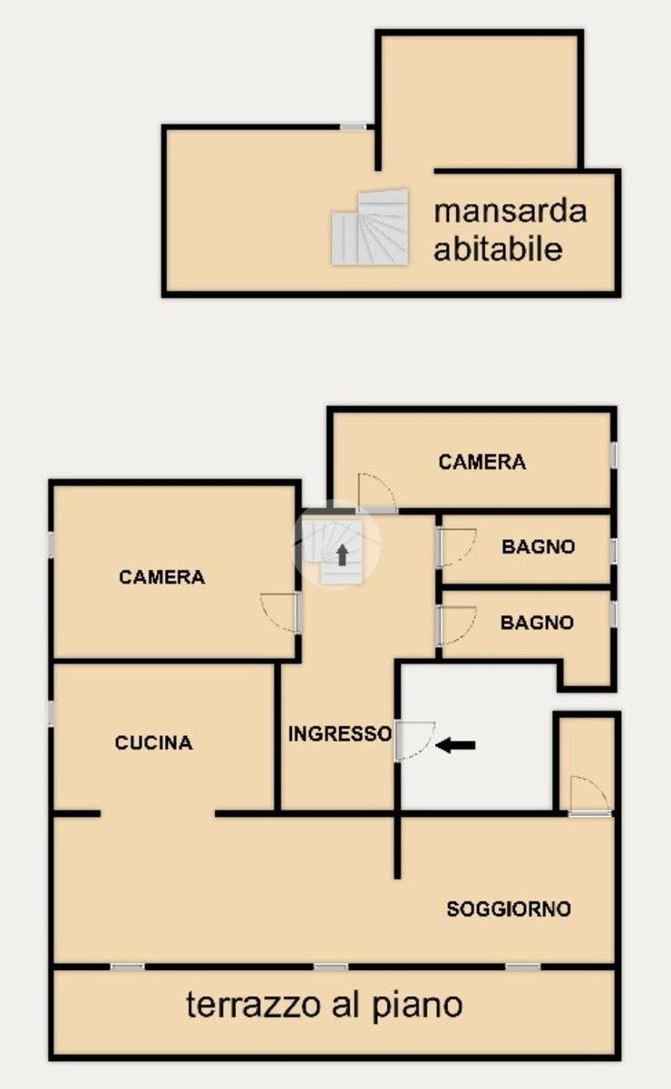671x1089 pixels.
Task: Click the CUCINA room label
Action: click(153, 743)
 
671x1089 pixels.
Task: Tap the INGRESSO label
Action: click(340, 733)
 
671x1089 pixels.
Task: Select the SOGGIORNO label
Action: click(509, 909)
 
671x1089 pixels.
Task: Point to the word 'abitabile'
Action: click(498, 249)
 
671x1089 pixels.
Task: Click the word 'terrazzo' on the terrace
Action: click(255, 1005)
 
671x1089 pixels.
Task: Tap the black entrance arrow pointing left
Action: click(455, 745)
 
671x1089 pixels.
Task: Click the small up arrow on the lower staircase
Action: click(343, 554)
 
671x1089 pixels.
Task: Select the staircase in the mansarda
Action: click(370, 227)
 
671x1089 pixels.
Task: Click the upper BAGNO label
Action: click(539, 547)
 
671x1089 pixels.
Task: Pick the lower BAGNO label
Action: click(538, 623)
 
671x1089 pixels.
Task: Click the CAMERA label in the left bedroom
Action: click(161, 577)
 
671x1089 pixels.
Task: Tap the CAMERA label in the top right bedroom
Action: click(482, 462)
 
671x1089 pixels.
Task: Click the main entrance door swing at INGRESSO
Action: click(414, 741)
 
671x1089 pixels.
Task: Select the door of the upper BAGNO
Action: click(457, 547)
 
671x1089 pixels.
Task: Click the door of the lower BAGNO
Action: click(457, 626)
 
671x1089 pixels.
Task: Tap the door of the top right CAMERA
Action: click(377, 493)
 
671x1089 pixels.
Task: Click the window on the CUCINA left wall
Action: click(51, 715)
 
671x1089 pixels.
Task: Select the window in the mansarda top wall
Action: click(354, 127)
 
